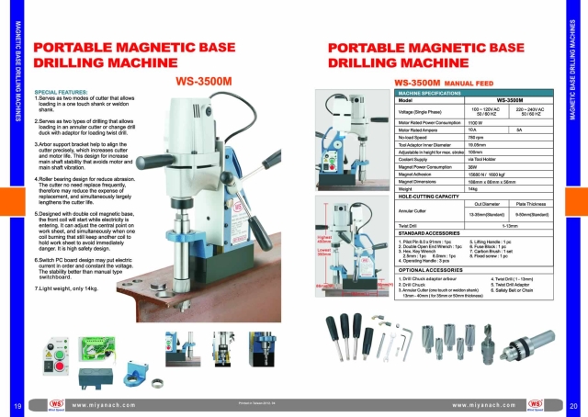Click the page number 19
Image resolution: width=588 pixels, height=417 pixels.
point(17,404)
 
